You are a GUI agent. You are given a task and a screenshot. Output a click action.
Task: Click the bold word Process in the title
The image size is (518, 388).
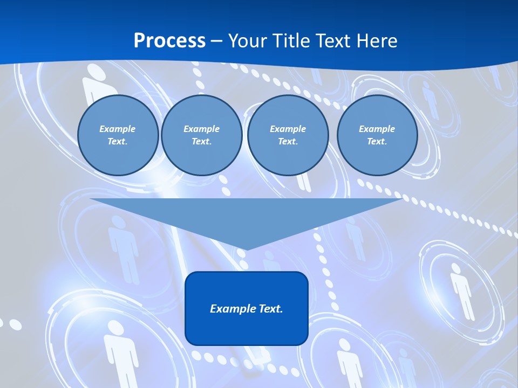pyautogui.click(x=169, y=41)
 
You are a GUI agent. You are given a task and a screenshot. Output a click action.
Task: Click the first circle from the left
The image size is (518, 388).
pyautogui.click(x=118, y=135)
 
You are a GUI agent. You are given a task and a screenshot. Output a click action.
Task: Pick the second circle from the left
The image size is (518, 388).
pyautogui.click(x=201, y=135)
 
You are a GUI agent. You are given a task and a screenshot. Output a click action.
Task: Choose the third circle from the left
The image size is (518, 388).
pyautogui.click(x=288, y=135)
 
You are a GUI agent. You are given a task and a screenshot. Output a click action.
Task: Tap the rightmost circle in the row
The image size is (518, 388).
pyautogui.click(x=377, y=135)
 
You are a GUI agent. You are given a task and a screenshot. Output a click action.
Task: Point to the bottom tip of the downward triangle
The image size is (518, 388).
pyautogui.click(x=247, y=250)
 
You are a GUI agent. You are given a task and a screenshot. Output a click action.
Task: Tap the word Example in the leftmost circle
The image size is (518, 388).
pyautogui.click(x=118, y=129)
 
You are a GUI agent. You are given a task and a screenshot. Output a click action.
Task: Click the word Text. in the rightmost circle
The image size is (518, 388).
pyautogui.click(x=377, y=142)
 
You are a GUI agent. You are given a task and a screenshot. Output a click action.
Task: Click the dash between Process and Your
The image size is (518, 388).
pyautogui.click(x=216, y=41)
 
